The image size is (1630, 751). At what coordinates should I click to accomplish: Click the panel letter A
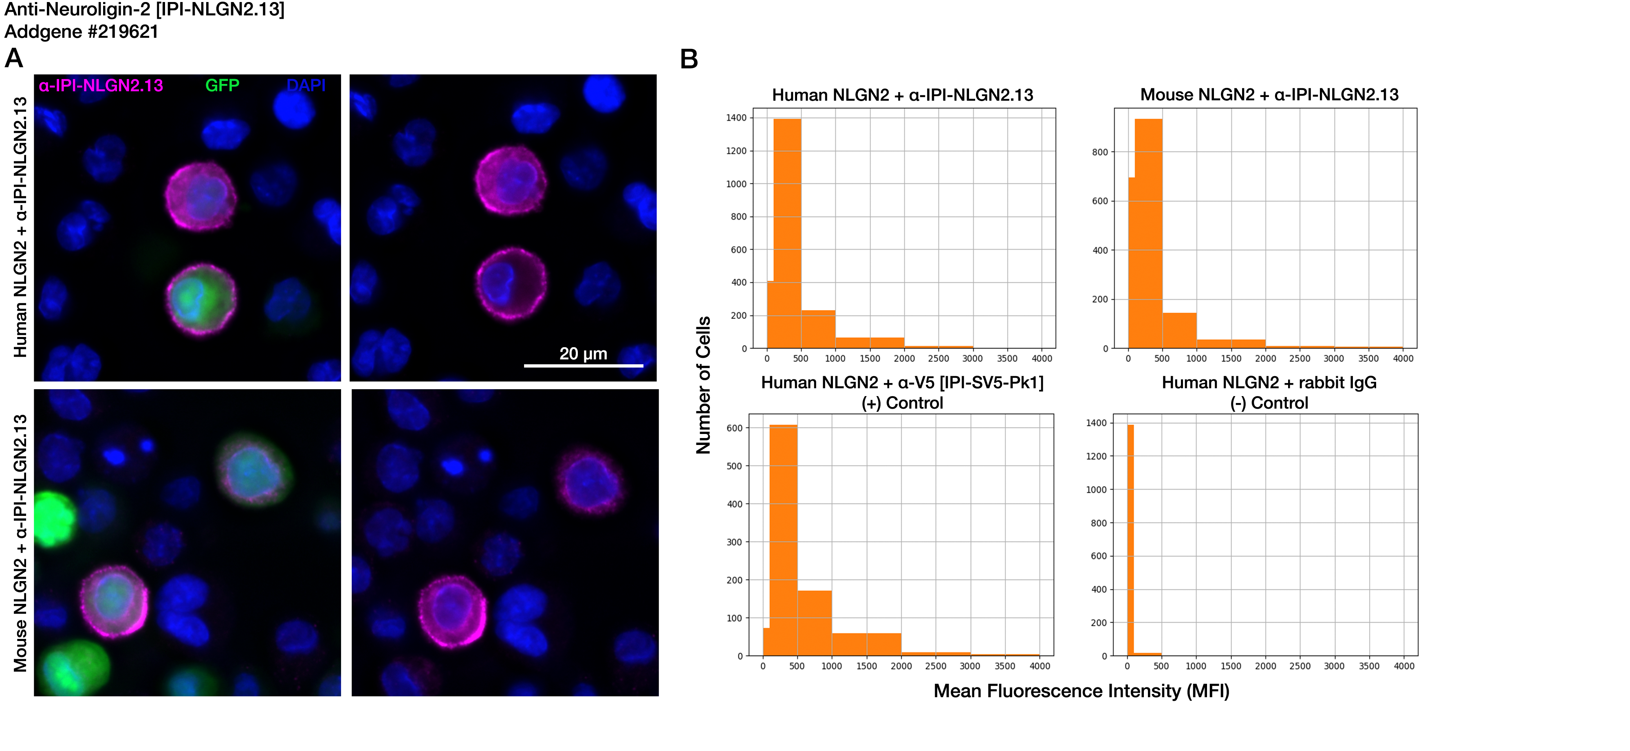coord(14,59)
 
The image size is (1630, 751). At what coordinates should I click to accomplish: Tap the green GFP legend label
coord(222,86)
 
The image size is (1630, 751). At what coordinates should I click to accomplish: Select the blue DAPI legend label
coord(306,86)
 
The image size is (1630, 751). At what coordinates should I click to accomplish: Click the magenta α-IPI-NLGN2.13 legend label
coord(101,86)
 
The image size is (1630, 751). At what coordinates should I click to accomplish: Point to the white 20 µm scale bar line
coord(584,366)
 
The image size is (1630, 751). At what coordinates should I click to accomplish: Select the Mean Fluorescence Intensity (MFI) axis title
coord(1082,691)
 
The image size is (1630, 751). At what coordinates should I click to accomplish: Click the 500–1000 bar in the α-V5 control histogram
coord(814,623)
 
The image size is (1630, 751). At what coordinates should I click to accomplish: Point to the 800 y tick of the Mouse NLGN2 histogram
coord(1100,152)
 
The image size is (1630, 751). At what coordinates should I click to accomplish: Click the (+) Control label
coord(902,403)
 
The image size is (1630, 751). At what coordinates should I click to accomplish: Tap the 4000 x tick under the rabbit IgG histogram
coord(1403,666)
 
